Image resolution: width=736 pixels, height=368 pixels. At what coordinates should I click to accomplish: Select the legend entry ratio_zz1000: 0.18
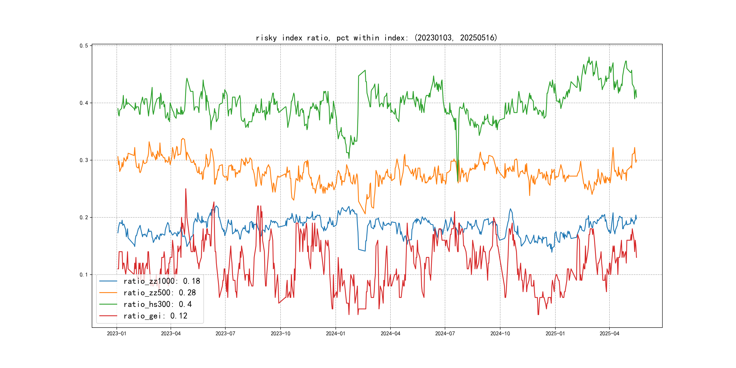coord(162,281)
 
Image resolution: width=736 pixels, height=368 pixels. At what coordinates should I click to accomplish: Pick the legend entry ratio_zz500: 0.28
coord(159,293)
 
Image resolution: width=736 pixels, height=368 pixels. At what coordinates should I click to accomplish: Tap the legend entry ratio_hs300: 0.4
coord(157,304)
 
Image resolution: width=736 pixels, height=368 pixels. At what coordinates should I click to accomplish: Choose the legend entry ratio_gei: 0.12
coord(155,316)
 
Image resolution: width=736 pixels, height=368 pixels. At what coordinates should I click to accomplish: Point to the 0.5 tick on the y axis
coord(84,46)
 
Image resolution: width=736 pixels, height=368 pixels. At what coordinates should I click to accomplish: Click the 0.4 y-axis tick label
coord(84,103)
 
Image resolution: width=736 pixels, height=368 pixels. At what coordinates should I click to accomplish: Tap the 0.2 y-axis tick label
coord(84,217)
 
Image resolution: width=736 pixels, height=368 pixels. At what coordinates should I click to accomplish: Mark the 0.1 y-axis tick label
coord(84,275)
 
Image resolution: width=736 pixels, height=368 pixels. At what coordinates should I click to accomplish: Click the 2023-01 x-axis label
coord(117,333)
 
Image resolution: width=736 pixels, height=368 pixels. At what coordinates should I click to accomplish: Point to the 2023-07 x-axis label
coord(225,333)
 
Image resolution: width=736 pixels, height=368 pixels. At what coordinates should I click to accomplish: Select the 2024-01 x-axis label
coord(336,333)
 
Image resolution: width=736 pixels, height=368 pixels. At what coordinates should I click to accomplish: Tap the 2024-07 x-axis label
coord(445,333)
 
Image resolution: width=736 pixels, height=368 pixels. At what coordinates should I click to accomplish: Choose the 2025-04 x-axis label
coord(609,333)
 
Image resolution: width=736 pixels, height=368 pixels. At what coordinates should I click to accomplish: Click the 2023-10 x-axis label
coord(280,333)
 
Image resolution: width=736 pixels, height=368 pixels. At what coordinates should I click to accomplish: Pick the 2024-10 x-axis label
coord(500,333)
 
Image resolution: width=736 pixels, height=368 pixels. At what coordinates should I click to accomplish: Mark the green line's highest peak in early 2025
coord(589,57)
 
